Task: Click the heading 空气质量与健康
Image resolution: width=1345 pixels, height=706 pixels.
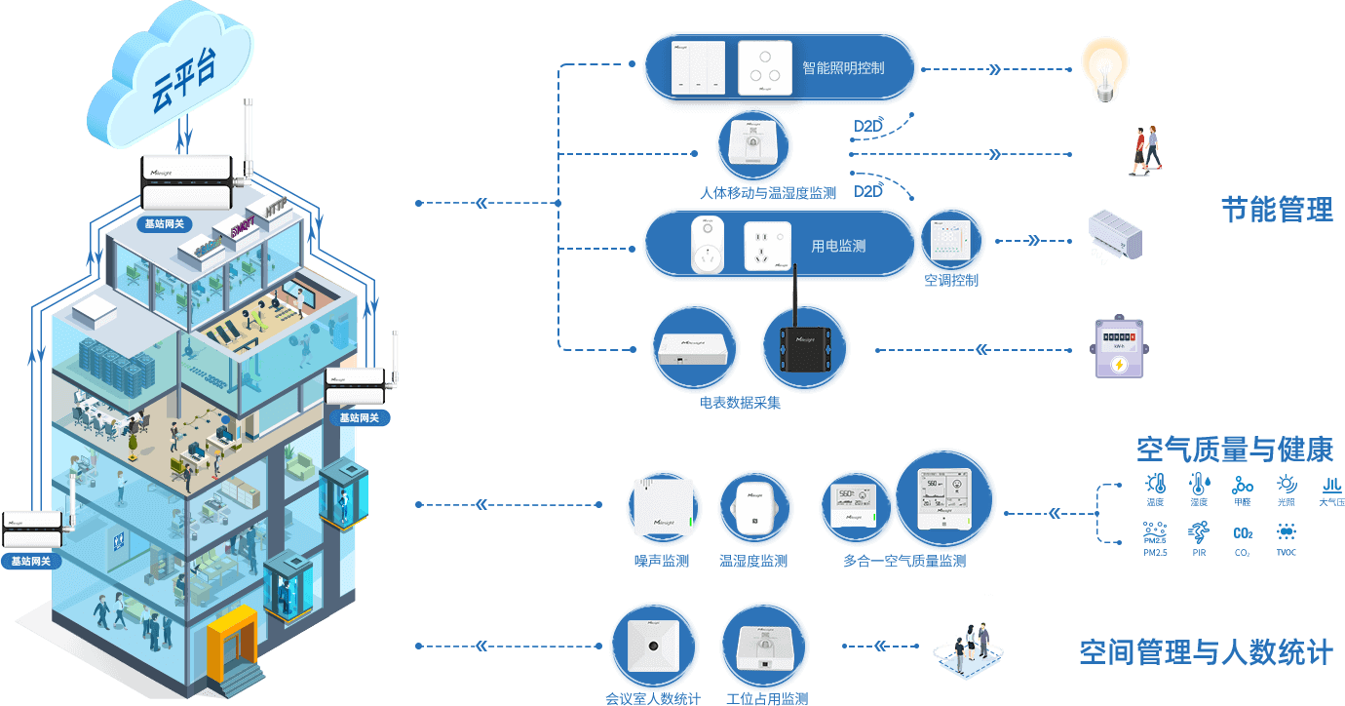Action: [x=1235, y=450]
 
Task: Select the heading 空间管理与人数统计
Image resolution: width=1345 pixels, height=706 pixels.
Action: [x=1206, y=652]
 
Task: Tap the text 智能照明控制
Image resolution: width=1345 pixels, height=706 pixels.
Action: [x=843, y=68]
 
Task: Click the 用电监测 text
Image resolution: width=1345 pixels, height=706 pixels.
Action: [x=838, y=247]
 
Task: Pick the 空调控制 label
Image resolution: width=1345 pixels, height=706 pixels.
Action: [x=951, y=281]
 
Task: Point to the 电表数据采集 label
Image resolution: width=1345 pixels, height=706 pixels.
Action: [x=740, y=403]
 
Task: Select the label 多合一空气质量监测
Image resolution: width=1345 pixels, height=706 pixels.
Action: [x=904, y=561]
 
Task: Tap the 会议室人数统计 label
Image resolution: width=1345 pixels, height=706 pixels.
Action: [x=653, y=698]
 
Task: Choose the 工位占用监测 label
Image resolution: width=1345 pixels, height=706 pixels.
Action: [x=767, y=698]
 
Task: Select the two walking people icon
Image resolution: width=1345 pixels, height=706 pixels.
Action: [x=1146, y=150]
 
